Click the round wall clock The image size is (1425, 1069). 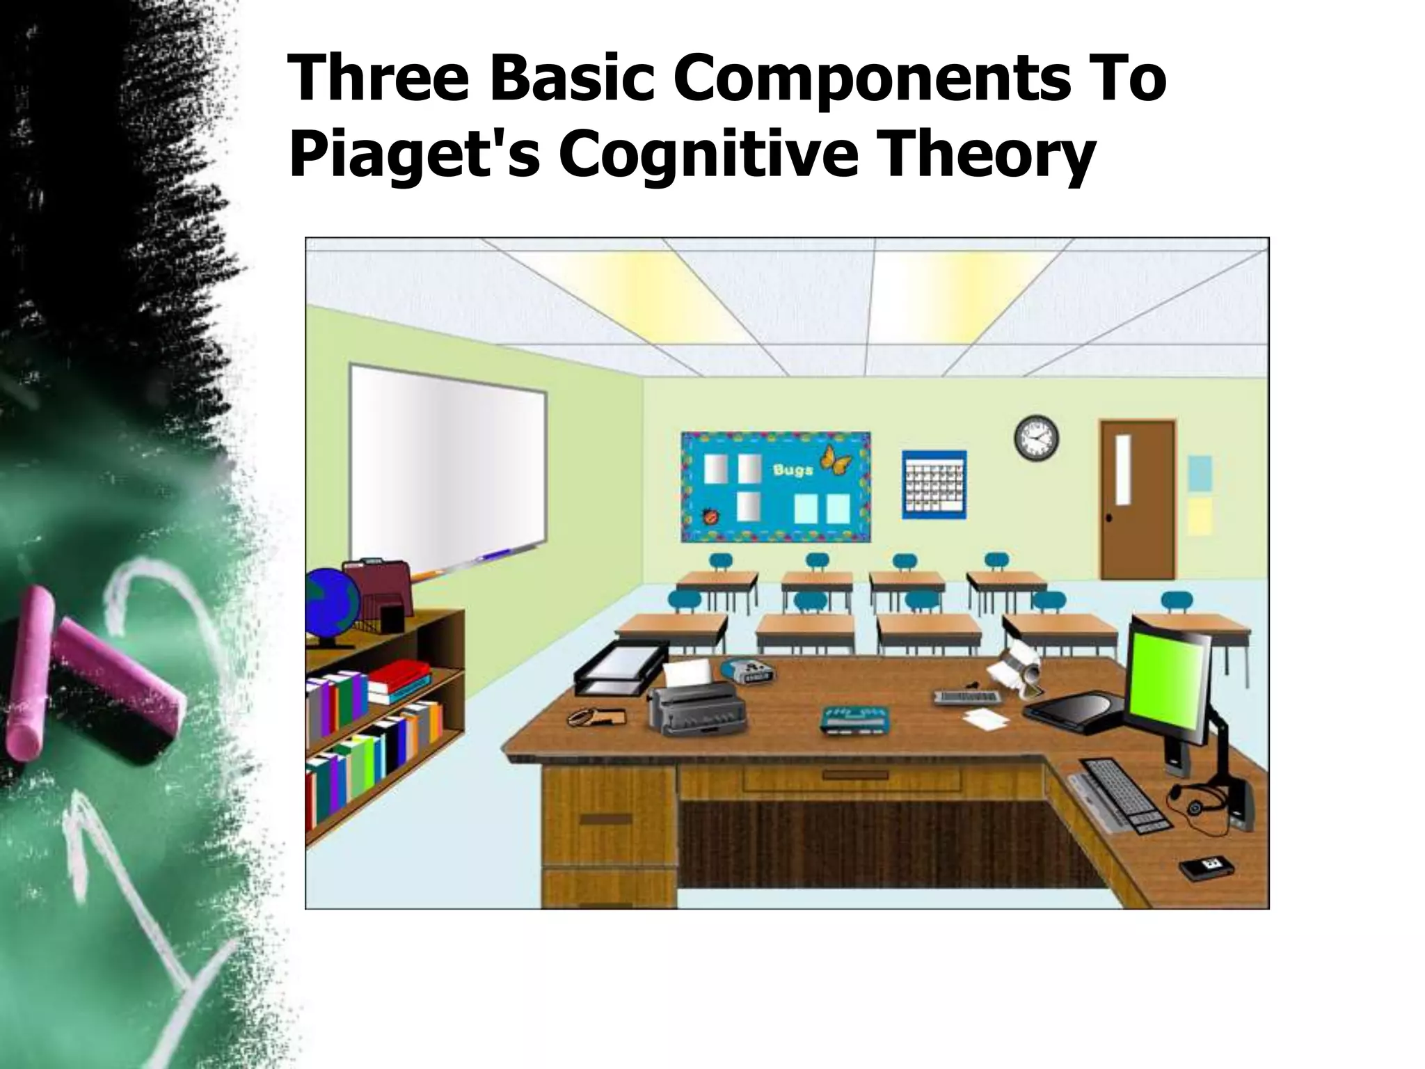[1036, 438]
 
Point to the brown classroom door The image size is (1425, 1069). [1137, 499]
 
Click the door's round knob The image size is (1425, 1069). [1108, 517]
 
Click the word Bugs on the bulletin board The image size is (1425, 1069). [793, 470]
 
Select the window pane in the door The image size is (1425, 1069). [1123, 471]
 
